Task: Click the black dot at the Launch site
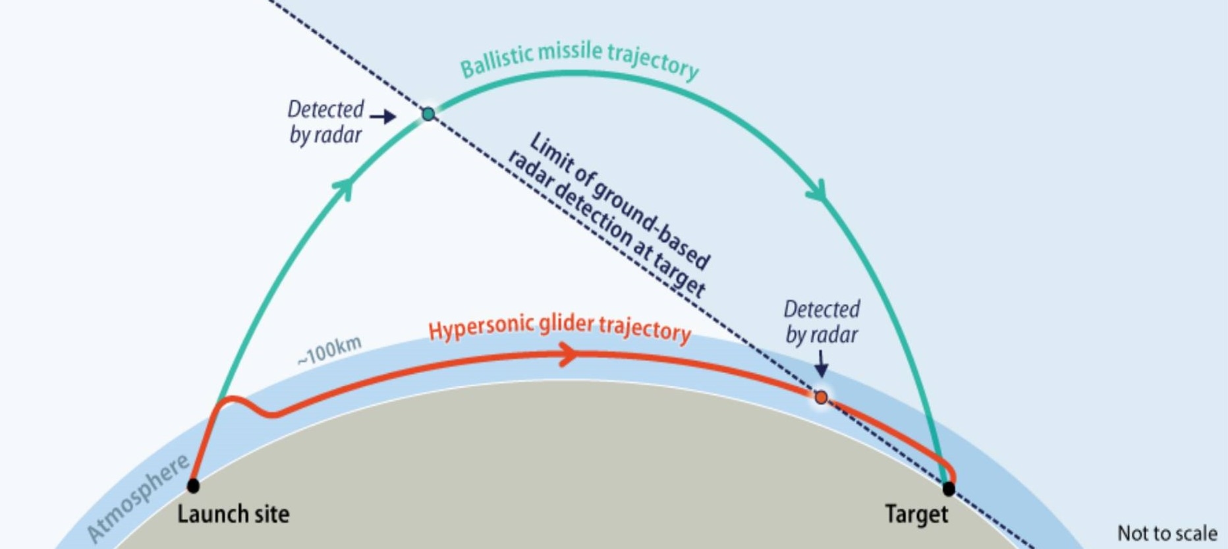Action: click(x=193, y=486)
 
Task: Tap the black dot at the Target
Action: click(x=949, y=488)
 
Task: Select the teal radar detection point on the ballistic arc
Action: click(x=428, y=114)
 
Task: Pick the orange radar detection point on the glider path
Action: click(x=821, y=397)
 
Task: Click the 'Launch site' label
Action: click(x=233, y=514)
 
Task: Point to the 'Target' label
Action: click(x=916, y=514)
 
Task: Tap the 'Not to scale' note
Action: click(x=1167, y=533)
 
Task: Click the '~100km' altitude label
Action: click(x=329, y=351)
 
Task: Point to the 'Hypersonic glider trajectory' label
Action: click(x=559, y=328)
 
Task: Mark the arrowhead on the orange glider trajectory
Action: click(x=568, y=356)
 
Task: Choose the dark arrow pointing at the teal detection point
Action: click(x=383, y=117)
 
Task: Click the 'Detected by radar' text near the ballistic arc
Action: click(x=325, y=122)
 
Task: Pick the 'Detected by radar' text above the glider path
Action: click(x=822, y=322)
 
